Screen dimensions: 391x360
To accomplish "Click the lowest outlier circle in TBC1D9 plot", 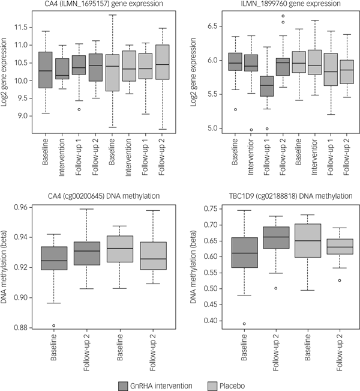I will pos(243,324).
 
